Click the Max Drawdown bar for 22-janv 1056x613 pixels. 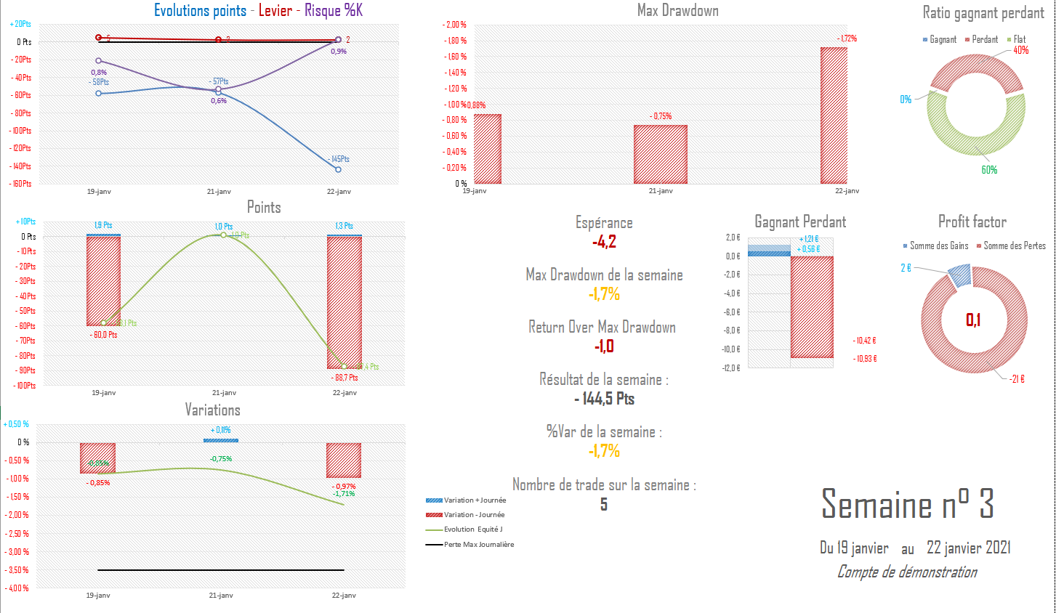834,115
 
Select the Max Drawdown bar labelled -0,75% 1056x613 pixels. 660,154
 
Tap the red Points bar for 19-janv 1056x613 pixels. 103,281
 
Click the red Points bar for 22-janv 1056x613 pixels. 344,302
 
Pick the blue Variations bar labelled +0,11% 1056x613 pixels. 221,440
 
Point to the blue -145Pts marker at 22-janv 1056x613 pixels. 338,169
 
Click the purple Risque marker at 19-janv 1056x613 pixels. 99,61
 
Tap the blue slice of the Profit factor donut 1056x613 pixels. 960,276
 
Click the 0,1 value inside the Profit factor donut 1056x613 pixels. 973,320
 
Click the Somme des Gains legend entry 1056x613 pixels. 938,246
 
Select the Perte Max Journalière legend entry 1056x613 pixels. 478,545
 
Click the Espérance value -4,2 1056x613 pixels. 604,242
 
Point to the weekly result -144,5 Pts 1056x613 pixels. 604,399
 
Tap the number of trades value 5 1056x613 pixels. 603,504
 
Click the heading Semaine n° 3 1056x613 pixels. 907,504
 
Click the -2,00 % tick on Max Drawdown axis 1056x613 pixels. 455,25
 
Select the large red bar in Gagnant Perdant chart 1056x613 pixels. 812,306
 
